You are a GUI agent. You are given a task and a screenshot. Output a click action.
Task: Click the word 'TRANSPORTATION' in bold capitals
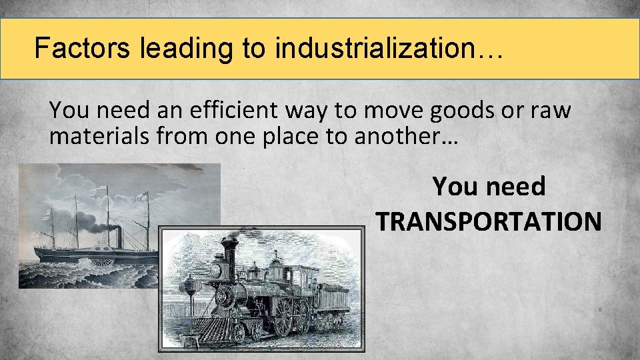489,220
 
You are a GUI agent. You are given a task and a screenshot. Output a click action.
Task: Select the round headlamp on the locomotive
216,270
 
